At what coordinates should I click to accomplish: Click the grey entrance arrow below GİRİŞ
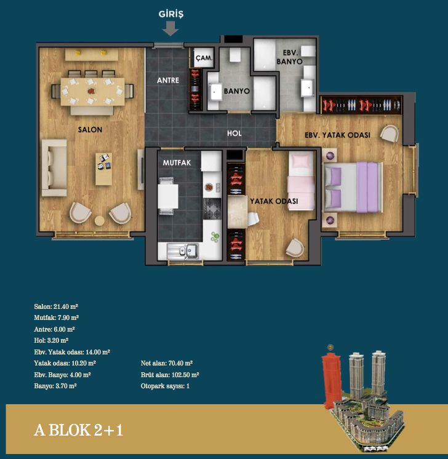click(x=170, y=28)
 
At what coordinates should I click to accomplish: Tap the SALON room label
click(x=90, y=130)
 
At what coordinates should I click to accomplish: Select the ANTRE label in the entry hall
click(x=168, y=80)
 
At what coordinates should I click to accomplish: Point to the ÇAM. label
click(x=204, y=58)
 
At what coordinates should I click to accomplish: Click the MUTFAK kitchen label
click(x=177, y=163)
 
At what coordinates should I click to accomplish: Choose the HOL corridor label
click(x=234, y=134)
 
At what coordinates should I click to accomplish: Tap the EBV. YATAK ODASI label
click(x=337, y=135)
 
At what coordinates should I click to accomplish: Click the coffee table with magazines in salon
click(x=103, y=169)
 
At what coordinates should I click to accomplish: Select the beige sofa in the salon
click(x=54, y=167)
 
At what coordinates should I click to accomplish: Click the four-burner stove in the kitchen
click(x=212, y=209)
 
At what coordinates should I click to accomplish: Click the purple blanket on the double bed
click(x=367, y=187)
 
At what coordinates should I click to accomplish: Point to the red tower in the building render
click(x=332, y=377)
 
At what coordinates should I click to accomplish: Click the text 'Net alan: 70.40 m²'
click(x=167, y=363)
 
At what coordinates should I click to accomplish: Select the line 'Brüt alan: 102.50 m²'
click(x=170, y=375)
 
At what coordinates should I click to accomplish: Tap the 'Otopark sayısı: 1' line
click(x=165, y=386)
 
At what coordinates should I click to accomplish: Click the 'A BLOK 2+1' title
click(x=79, y=430)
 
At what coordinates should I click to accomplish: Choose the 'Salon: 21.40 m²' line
click(x=56, y=306)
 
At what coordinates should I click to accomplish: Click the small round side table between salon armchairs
click(x=100, y=220)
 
